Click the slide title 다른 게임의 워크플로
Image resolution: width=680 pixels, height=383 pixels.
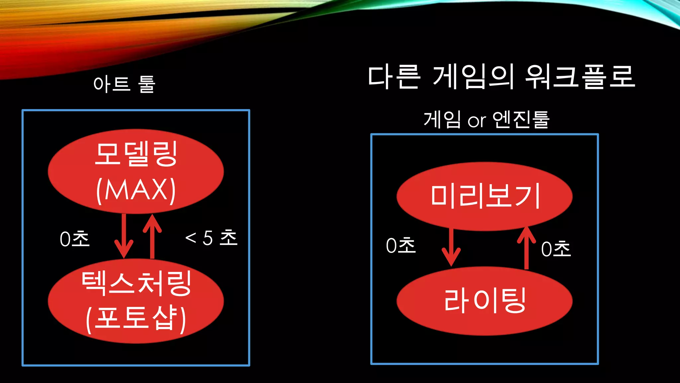[501, 77]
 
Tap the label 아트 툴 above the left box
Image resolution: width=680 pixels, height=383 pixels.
[124, 84]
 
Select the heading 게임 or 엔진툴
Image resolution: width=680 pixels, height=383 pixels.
[486, 120]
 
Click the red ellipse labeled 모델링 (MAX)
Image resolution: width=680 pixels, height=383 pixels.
[136, 171]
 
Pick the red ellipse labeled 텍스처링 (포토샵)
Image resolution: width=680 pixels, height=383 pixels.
[136, 301]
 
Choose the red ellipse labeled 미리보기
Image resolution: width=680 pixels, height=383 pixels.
[484, 196]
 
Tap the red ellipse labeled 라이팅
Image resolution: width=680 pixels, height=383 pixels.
[484, 301]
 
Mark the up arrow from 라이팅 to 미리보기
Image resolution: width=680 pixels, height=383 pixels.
[526, 248]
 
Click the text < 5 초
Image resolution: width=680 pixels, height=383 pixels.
[211, 238]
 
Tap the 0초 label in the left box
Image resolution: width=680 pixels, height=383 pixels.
[75, 239]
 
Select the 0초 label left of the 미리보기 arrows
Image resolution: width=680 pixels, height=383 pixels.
[401, 245]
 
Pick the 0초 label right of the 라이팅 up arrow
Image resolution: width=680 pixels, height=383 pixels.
[556, 249]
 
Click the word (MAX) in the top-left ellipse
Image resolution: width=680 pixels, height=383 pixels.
[136, 190]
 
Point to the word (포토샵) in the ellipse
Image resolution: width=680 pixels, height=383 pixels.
[136, 319]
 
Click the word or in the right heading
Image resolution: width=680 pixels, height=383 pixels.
[477, 121]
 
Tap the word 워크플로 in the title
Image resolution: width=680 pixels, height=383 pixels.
[580, 77]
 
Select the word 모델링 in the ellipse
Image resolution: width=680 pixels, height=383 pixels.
[136, 154]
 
